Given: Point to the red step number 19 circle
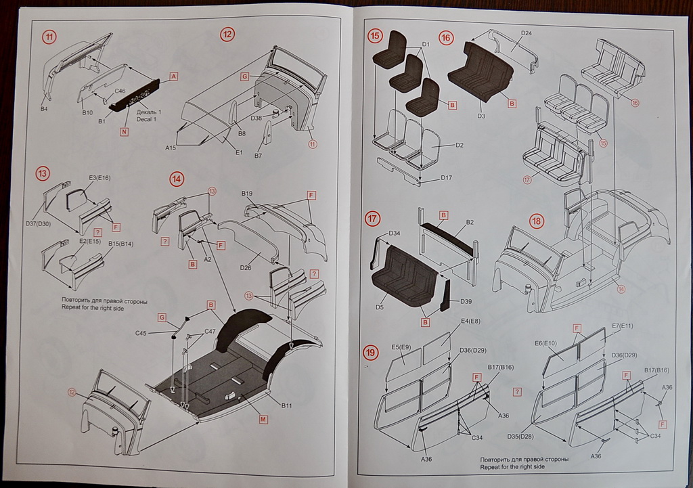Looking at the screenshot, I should (371, 353).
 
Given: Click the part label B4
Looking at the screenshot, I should (45, 108).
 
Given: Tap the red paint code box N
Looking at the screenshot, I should (125, 132).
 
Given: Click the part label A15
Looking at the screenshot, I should (171, 147).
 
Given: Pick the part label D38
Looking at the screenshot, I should (256, 118).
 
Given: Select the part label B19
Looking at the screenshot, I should (247, 194).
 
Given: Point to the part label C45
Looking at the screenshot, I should (141, 333).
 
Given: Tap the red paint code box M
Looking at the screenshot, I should (263, 420).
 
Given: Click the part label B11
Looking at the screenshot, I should (287, 405).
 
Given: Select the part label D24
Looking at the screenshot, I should (527, 33).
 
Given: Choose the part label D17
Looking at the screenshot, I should (445, 178).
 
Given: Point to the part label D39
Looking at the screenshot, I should (466, 301).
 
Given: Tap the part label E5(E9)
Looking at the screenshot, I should (402, 347).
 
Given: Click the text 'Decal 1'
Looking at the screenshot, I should (147, 119).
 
